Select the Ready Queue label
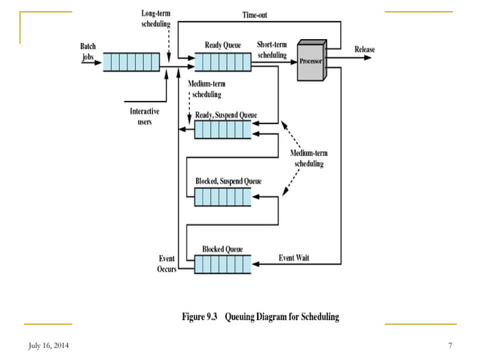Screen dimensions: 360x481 [x=222, y=45]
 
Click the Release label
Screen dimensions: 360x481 [x=365, y=50]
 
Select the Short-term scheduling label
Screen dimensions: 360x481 [x=272, y=50]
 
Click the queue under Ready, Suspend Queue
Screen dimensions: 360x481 [x=222, y=130]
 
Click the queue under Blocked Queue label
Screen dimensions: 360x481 [x=222, y=264]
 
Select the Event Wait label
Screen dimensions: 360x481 [x=294, y=258]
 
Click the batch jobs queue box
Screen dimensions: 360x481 [x=131, y=61]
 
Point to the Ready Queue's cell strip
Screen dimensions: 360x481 [x=222, y=61]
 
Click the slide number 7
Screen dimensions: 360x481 [x=449, y=345]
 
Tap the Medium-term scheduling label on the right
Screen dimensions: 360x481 [x=308, y=158]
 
